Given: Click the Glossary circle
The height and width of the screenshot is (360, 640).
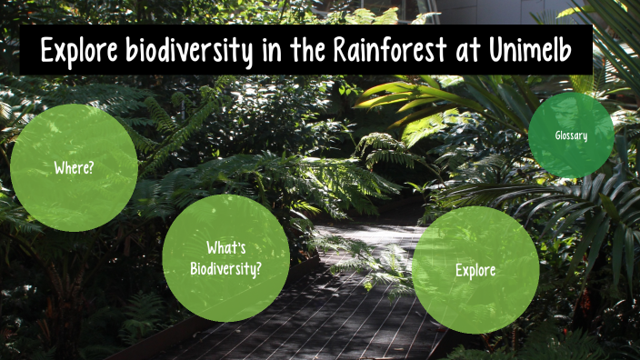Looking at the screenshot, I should pos(571,135).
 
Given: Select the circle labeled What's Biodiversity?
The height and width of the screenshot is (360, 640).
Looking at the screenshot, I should pos(225,258).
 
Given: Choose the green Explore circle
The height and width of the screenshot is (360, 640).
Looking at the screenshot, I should pos(475,270).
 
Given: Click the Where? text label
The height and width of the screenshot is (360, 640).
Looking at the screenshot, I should pos(74,168).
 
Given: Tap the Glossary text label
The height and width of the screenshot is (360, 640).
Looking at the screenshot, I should pos(571,135).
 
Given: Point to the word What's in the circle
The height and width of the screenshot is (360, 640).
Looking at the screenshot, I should pos(226,248).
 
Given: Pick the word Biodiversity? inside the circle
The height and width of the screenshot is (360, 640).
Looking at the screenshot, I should pos(226,268).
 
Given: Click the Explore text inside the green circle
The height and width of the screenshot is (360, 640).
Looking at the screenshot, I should pos(475,270).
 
